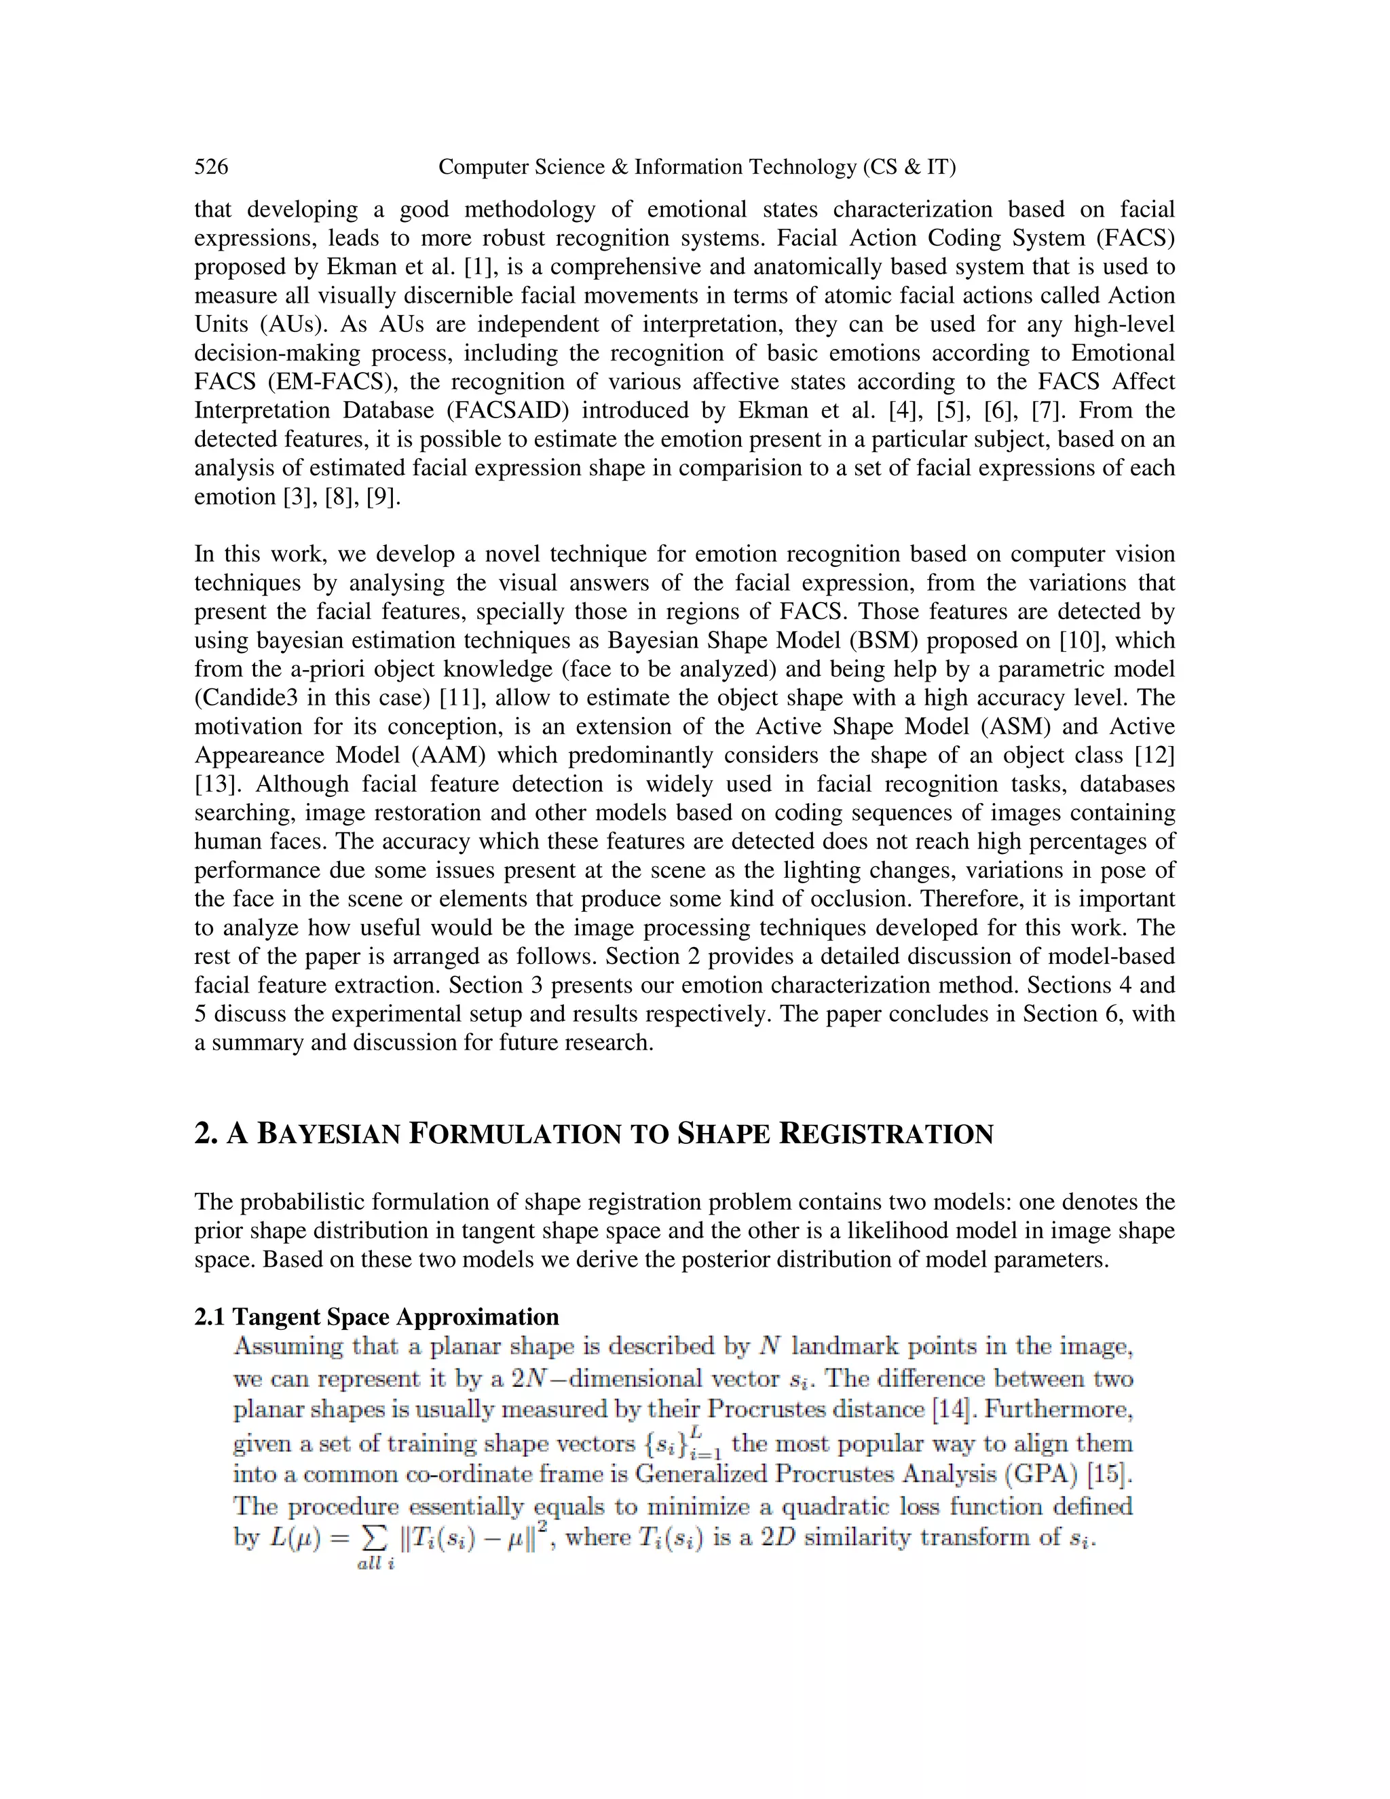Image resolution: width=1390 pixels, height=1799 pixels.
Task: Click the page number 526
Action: point(211,167)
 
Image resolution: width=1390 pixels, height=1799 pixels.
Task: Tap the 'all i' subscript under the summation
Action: point(375,1563)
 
